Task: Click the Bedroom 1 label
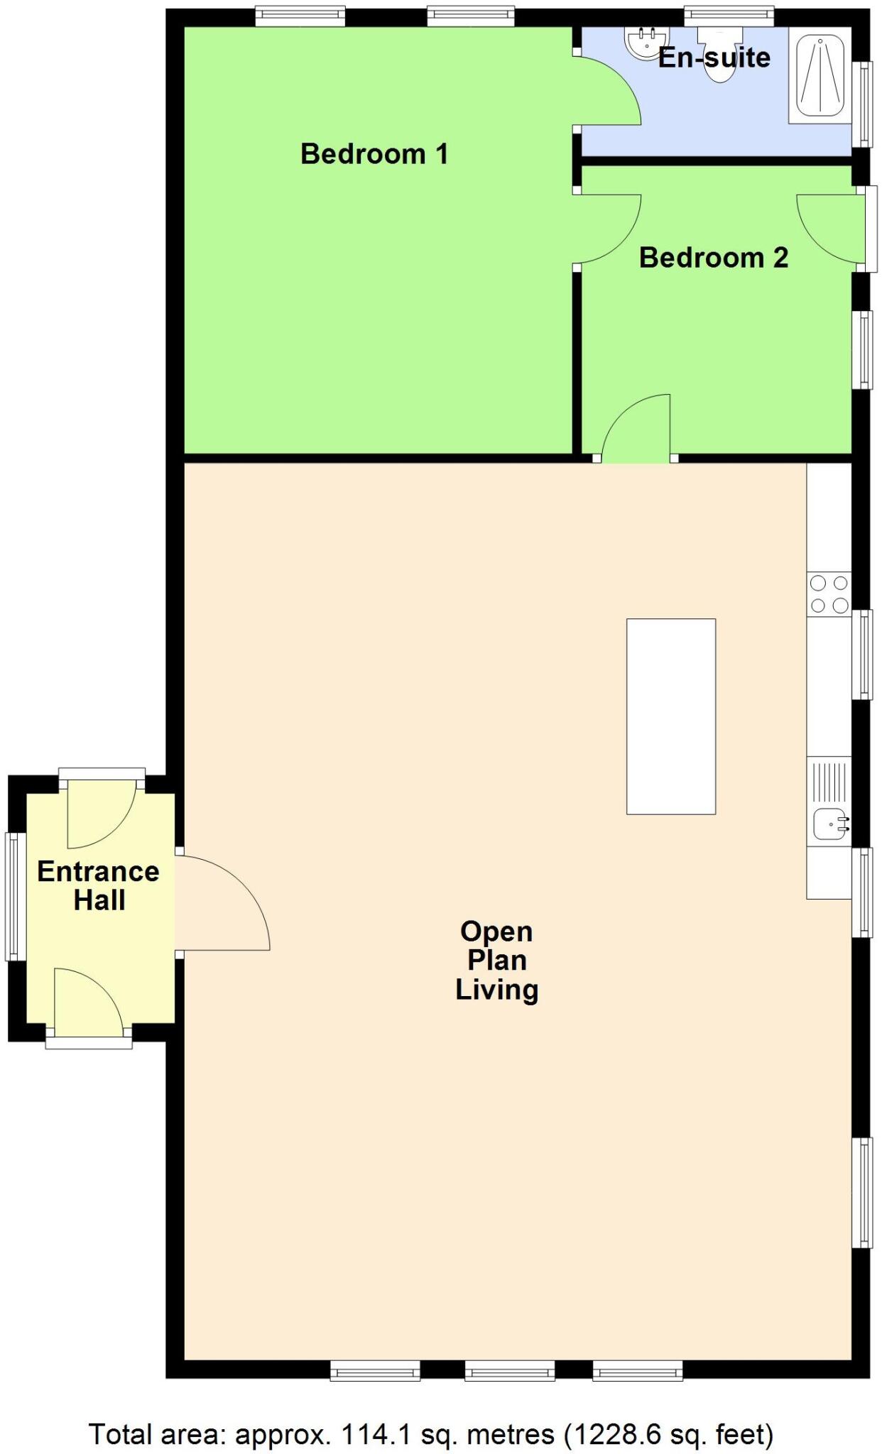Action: coord(374,154)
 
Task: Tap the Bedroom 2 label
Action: coord(713,258)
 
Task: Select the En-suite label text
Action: coord(714,58)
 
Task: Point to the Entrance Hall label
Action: coord(99,885)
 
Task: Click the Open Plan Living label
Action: coord(496,960)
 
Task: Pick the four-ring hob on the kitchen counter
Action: coord(829,594)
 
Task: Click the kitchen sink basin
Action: coord(828,824)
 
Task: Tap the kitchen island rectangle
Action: coord(670,716)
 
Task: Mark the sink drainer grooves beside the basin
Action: coord(829,780)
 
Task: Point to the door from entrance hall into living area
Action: coord(222,902)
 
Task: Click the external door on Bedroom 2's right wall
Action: coord(831,227)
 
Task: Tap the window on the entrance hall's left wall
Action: coord(13,896)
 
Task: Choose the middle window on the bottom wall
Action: coord(509,1370)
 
